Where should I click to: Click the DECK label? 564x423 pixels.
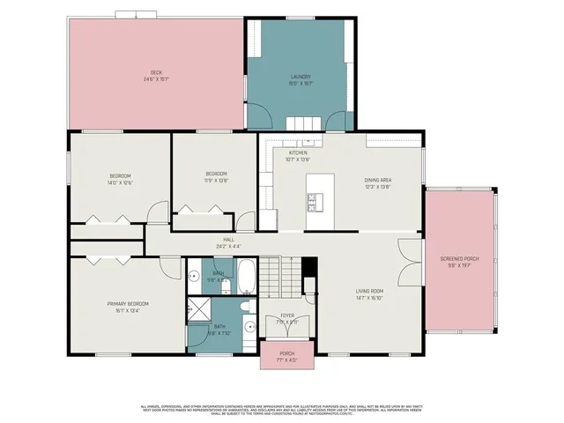[156, 72]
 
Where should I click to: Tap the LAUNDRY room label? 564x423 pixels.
[301, 77]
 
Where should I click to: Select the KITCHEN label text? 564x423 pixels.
[298, 152]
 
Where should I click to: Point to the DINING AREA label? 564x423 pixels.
[378, 180]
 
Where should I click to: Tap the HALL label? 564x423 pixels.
[228, 239]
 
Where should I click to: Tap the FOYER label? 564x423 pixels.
[287, 315]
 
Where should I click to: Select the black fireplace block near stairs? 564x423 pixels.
[308, 268]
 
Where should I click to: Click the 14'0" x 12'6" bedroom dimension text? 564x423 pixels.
[119, 183]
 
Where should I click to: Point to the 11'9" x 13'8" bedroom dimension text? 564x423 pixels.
[217, 180]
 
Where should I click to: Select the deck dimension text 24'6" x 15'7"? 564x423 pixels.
[156, 79]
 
